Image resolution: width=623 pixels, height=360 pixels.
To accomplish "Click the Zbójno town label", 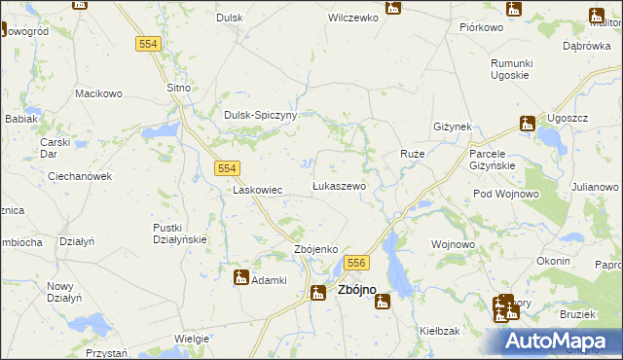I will pyautogui.click(x=357, y=290).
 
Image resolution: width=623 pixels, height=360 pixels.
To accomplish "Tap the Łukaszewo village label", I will pyautogui.click(x=338, y=186).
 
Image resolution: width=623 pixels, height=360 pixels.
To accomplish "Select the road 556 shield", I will pyautogui.click(x=356, y=263).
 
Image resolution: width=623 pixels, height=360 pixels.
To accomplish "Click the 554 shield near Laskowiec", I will pyautogui.click(x=227, y=168).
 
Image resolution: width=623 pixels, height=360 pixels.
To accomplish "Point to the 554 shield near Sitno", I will pyautogui.click(x=148, y=45).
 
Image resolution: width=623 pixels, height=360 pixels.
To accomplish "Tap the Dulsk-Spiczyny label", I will pyautogui.click(x=260, y=115).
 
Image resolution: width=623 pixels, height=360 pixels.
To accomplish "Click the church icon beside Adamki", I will pyautogui.click(x=240, y=278).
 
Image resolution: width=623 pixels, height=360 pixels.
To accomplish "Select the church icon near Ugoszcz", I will pyautogui.click(x=528, y=124).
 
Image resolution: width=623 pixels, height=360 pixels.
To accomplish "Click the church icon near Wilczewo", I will pyautogui.click(x=392, y=8).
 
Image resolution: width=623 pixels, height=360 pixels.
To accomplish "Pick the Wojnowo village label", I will pyautogui.click(x=453, y=244).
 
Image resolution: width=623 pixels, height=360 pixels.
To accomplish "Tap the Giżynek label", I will pyautogui.click(x=453, y=127).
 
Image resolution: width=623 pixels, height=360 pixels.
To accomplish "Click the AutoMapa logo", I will pyautogui.click(x=563, y=342).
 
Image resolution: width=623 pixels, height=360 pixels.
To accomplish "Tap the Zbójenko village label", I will pyautogui.click(x=315, y=250).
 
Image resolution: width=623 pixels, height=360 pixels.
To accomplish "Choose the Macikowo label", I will pyautogui.click(x=99, y=94).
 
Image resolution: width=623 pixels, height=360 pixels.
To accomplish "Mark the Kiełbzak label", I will pyautogui.click(x=440, y=332).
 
